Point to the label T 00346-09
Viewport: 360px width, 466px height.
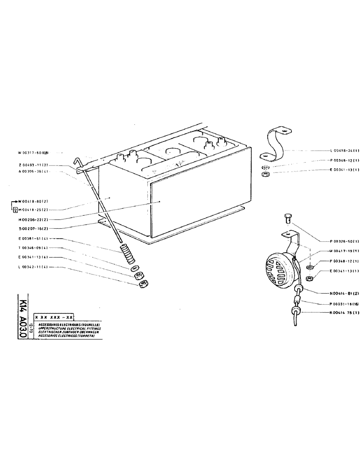pos(31,247)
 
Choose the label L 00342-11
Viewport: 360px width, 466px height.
pos(31,267)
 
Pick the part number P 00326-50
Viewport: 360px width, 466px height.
pos(342,241)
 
